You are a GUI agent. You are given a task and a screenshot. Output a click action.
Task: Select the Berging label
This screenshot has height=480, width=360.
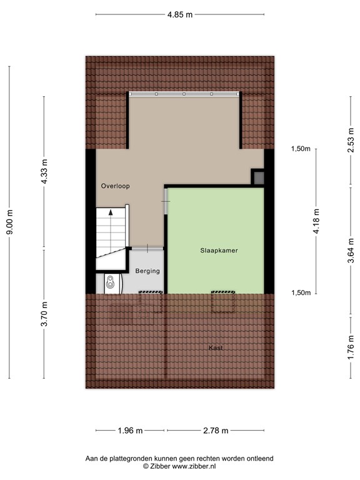click(147, 271)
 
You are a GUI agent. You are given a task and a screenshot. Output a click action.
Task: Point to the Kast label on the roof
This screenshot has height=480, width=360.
click(216, 347)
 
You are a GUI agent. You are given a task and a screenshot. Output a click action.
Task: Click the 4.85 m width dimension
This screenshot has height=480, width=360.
click(179, 14)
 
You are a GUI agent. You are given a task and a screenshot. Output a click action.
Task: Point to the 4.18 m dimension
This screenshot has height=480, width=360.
click(316, 221)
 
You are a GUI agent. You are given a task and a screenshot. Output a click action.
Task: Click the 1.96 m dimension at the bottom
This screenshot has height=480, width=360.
click(131, 431)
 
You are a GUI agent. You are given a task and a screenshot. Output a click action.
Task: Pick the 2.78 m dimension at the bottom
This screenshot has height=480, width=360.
click(216, 431)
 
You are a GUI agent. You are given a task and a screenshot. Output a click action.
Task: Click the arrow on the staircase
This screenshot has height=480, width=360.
click(111, 212)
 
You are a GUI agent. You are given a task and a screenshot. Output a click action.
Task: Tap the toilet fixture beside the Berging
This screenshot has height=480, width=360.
click(110, 283)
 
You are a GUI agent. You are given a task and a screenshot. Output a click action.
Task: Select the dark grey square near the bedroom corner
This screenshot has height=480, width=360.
click(257, 177)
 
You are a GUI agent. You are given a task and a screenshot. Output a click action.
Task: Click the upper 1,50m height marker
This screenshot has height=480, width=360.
click(301, 149)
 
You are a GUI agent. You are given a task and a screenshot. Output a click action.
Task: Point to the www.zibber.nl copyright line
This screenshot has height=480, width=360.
click(179, 466)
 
